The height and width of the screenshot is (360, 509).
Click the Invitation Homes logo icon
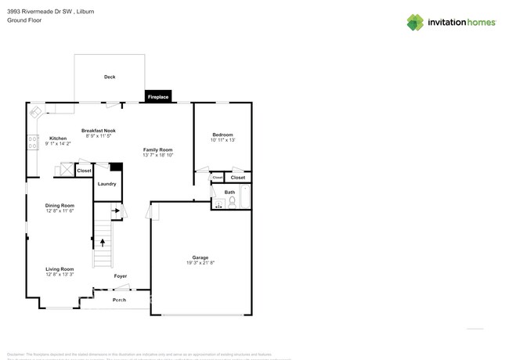click(415, 23)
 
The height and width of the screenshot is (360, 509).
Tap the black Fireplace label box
click(158, 97)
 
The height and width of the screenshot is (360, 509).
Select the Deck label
click(110, 77)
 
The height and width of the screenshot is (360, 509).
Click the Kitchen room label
click(58, 139)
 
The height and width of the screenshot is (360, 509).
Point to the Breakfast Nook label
click(99, 131)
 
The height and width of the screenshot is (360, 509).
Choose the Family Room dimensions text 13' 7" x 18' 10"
click(157, 155)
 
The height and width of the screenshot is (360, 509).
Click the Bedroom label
click(222, 135)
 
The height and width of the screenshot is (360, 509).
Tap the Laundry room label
click(107, 184)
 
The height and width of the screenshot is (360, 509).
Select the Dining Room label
click(60, 205)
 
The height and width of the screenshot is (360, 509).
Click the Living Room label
click(60, 268)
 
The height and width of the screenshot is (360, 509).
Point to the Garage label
click(200, 257)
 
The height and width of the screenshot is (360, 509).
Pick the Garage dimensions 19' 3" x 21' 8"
click(200, 264)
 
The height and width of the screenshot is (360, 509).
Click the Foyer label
click(121, 276)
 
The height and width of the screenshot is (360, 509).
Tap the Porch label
click(119, 300)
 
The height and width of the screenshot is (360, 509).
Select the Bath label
click(229, 192)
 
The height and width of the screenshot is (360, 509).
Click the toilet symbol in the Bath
click(232, 202)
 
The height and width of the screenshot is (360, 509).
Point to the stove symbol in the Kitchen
click(33, 142)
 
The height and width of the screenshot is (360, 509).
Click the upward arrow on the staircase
click(102, 254)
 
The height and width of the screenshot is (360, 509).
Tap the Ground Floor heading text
click(24, 20)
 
